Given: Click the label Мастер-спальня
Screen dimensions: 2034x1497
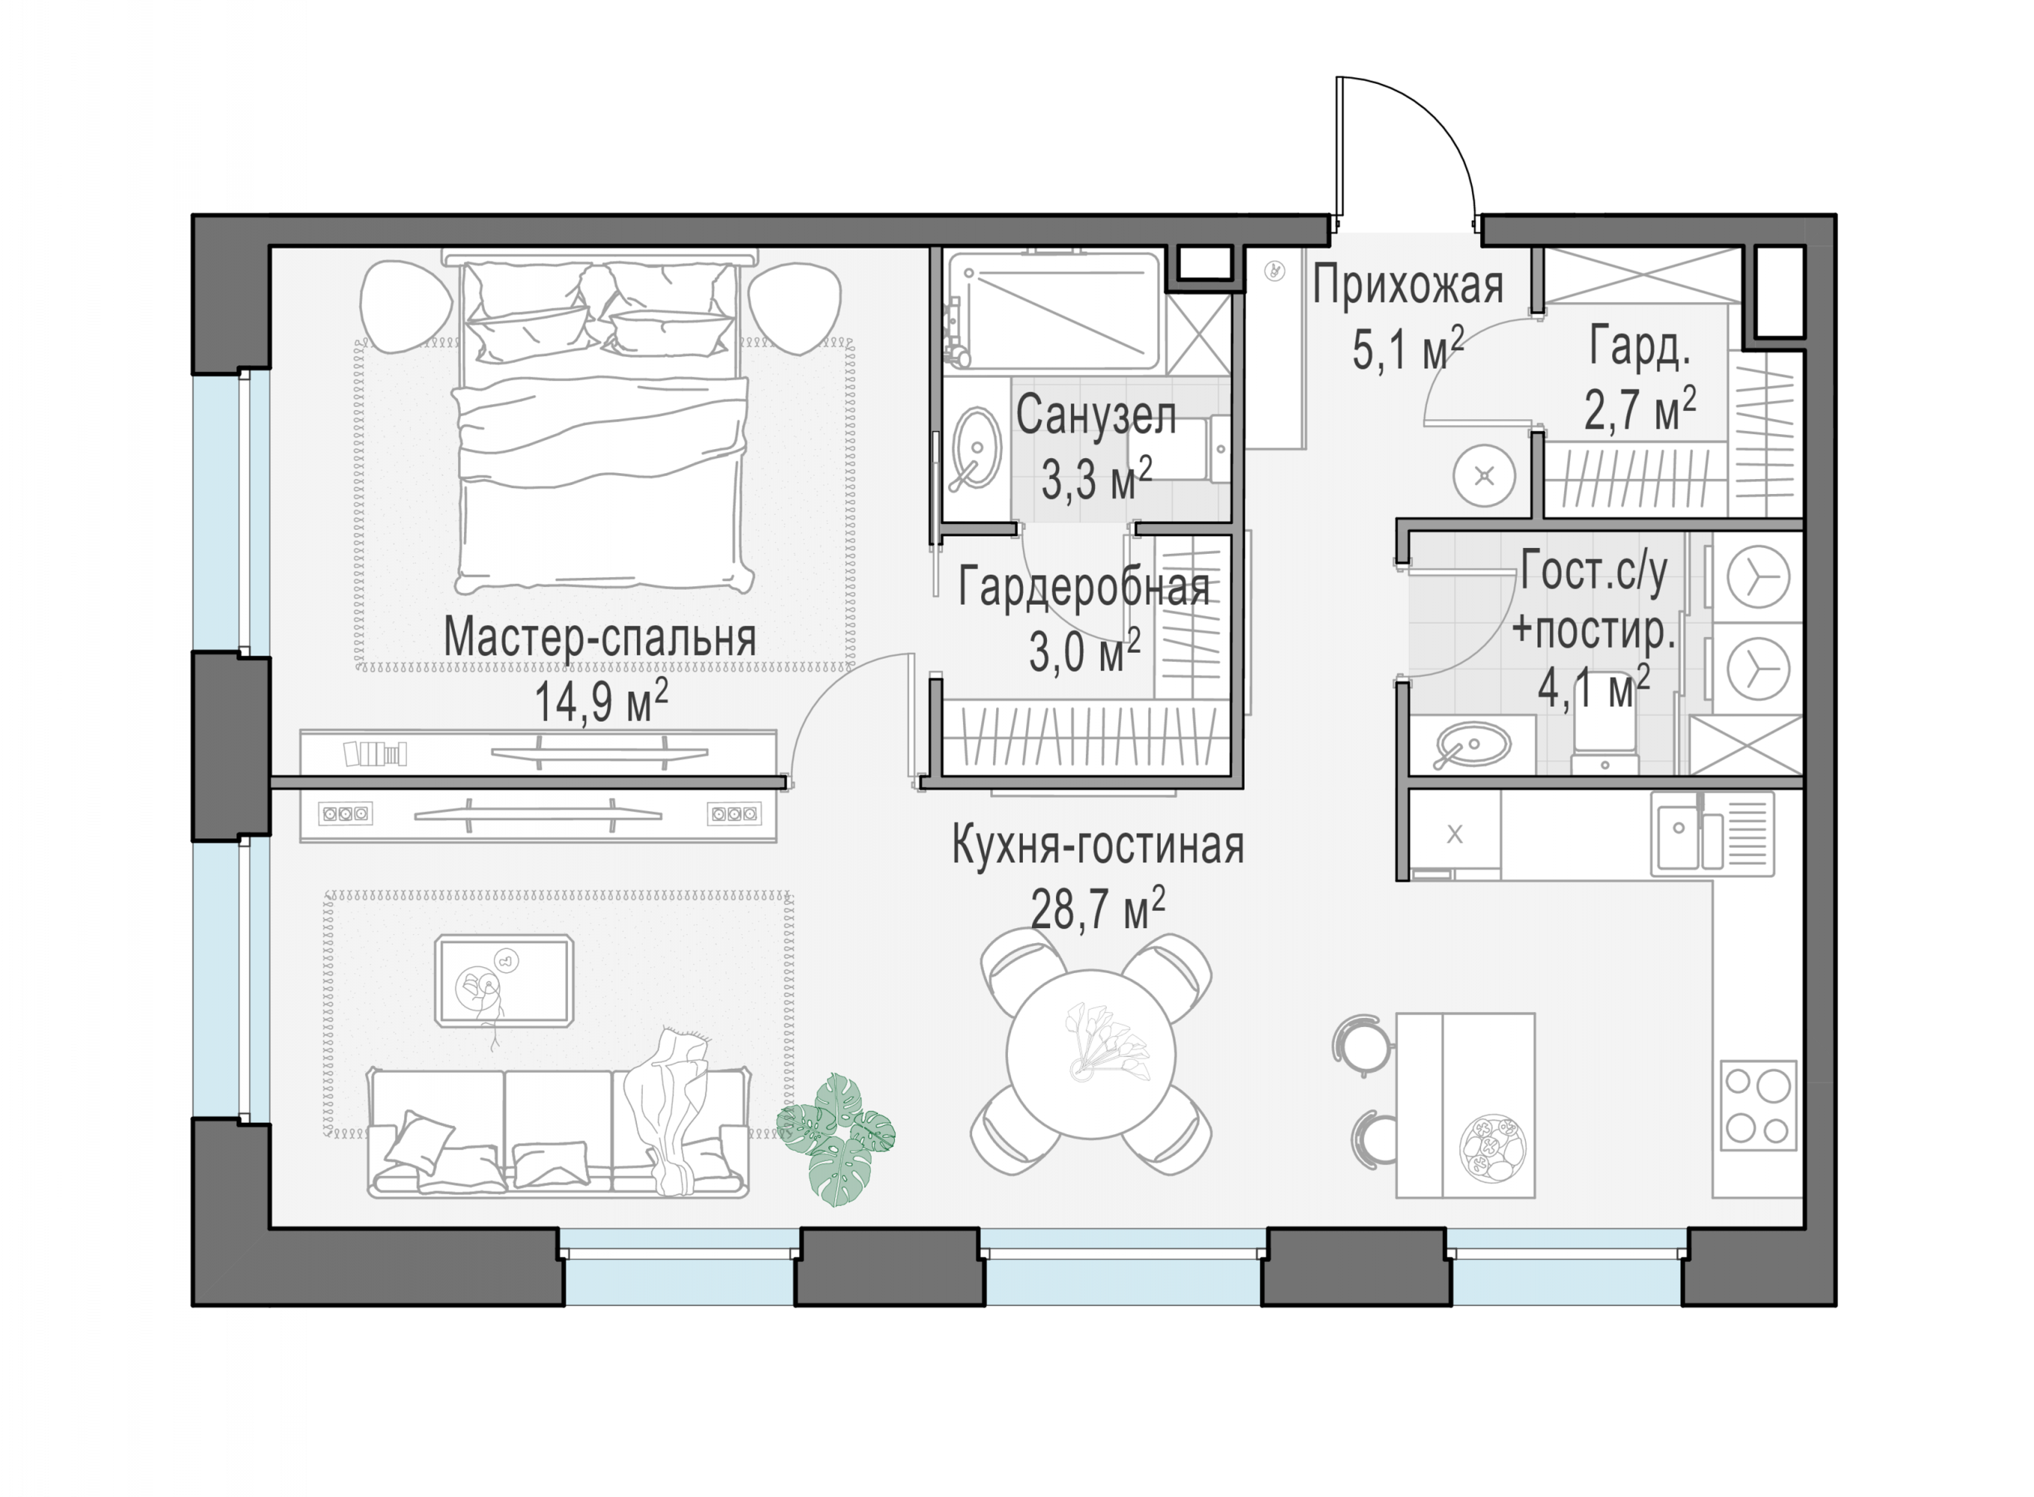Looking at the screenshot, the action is coord(599,637).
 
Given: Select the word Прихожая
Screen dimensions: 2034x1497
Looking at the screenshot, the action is coord(1407,285).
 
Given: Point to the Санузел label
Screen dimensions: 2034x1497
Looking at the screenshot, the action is coord(1096,416).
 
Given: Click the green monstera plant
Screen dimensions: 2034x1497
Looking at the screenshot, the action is coord(835,1138).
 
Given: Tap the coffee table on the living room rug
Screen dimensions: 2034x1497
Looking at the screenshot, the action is coord(504,981).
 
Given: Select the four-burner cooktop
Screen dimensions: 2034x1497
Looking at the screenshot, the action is coord(1758,1106).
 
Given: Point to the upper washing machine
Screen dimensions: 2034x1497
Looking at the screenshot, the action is coord(1757,576).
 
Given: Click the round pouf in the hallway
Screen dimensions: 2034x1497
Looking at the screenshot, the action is coord(1484,476).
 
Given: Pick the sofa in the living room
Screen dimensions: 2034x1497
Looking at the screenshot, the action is coord(558,1132).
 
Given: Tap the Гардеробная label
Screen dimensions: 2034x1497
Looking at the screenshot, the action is coord(1084,588).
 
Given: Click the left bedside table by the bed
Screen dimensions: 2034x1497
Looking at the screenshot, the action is coord(405,305).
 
